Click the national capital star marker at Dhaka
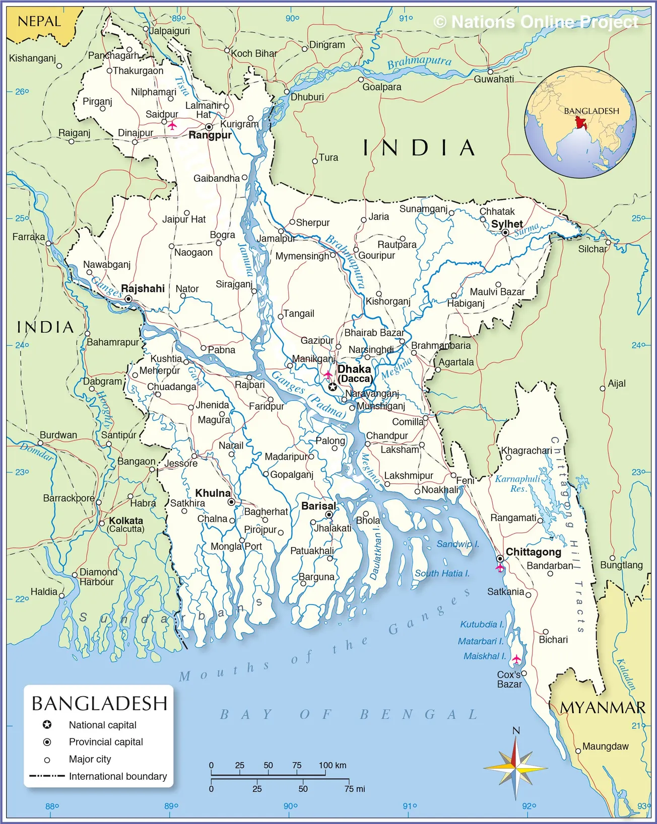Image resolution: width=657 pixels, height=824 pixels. point(333,387)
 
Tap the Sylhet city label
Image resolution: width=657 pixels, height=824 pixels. point(507,224)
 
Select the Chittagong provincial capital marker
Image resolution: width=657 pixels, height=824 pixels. point(500,559)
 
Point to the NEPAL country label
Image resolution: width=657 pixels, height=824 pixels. point(39,22)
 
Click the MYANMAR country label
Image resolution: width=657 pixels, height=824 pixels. point(603,708)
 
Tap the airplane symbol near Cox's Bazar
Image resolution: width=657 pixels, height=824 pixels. point(516,658)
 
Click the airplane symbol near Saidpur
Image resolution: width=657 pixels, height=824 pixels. point(172,125)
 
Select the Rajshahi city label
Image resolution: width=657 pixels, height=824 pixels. point(143,288)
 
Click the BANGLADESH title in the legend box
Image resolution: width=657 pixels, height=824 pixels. point(99,703)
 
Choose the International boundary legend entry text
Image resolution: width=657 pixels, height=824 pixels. point(118,776)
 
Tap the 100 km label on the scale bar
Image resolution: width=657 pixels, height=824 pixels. point(333,765)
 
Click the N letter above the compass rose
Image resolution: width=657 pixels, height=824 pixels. point(516,731)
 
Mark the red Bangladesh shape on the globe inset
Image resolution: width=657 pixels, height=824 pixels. point(581,122)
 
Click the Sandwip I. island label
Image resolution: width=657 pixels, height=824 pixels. point(457,544)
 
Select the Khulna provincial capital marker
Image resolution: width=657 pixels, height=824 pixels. point(231,502)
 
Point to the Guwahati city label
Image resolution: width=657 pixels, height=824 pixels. point(494,79)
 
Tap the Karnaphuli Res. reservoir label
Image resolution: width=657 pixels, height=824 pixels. point(517,484)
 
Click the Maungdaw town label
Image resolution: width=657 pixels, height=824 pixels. point(605,746)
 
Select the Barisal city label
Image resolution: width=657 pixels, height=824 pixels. point(318,506)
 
